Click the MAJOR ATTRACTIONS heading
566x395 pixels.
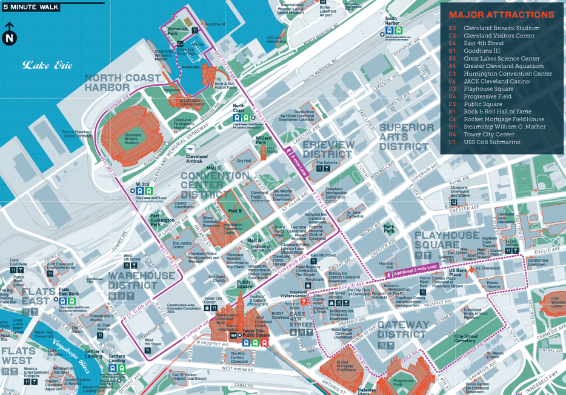(x=501, y=15)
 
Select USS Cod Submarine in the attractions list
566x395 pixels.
(x=491, y=142)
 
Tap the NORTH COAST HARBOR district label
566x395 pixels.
(x=123, y=82)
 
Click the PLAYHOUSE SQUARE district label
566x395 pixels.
(x=447, y=240)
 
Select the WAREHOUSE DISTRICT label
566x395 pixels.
(x=141, y=280)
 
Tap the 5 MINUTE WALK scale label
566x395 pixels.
(x=31, y=7)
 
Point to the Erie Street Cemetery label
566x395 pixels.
(x=465, y=338)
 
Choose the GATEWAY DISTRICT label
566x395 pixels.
(x=403, y=330)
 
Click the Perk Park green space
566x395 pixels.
(x=389, y=229)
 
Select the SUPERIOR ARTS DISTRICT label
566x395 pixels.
(x=407, y=137)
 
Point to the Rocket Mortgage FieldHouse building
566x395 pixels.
(x=348, y=366)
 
